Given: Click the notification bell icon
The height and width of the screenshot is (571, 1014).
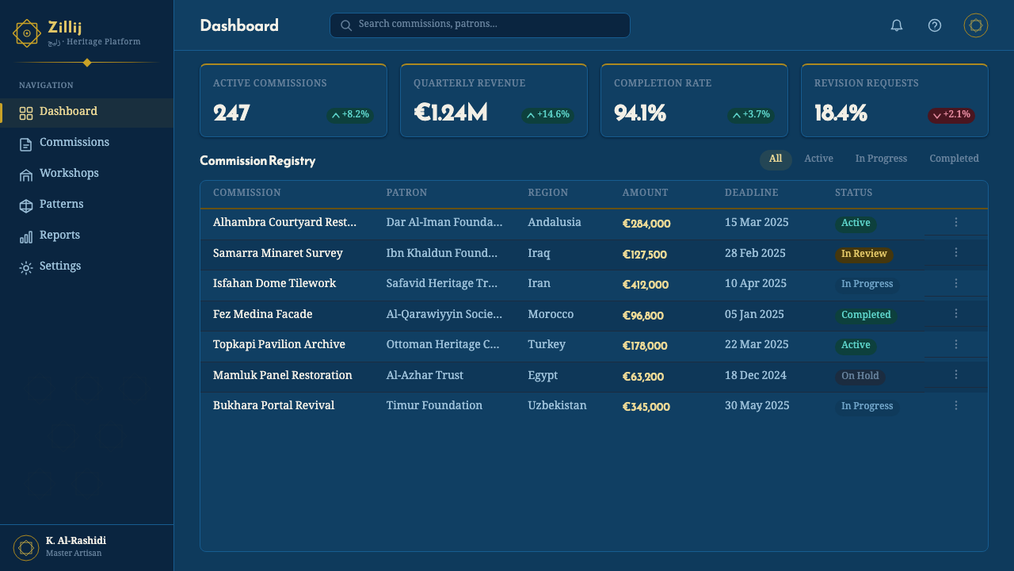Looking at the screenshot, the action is click(896, 25).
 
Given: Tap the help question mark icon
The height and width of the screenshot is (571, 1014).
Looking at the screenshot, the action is click(934, 25).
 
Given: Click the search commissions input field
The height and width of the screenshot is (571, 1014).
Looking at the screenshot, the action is click(480, 25).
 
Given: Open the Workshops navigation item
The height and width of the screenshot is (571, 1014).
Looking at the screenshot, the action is click(69, 173).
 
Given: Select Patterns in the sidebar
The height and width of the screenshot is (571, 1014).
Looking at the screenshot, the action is click(61, 204).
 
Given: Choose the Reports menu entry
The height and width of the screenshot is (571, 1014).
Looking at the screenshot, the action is click(59, 235).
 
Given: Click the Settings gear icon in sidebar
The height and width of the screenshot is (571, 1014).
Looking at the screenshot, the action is click(26, 268).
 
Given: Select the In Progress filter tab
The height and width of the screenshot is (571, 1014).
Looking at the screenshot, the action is click(881, 159).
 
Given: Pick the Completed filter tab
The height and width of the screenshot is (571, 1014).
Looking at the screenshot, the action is click(954, 159).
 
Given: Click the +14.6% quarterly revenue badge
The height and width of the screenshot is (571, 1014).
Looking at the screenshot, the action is click(547, 115).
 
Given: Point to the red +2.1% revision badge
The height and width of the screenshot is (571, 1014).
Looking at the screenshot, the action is click(951, 115).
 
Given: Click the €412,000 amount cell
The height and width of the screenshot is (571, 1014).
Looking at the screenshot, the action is click(645, 285).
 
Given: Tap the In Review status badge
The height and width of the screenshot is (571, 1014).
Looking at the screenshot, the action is click(863, 254).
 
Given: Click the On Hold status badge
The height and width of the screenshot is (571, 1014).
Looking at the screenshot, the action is click(860, 376).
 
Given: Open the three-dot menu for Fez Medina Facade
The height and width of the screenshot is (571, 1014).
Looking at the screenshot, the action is click(955, 313).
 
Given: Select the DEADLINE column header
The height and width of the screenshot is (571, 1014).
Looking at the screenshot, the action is click(752, 193).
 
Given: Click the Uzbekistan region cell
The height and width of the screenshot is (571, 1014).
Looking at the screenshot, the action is click(557, 405).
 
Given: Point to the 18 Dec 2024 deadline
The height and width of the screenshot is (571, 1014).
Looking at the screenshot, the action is click(756, 375).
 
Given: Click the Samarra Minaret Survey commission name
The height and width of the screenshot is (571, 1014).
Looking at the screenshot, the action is click(277, 253).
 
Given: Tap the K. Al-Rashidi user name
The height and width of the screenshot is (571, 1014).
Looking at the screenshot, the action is click(75, 541).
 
